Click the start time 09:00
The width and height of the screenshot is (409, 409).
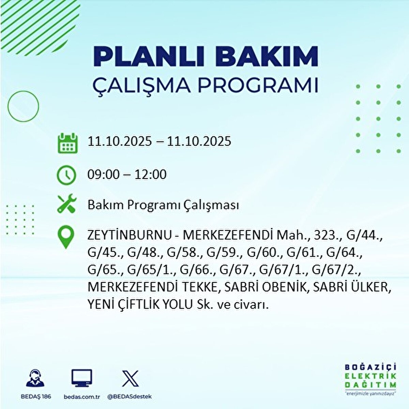click(x=104, y=175)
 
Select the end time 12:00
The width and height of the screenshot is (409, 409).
click(x=150, y=175)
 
